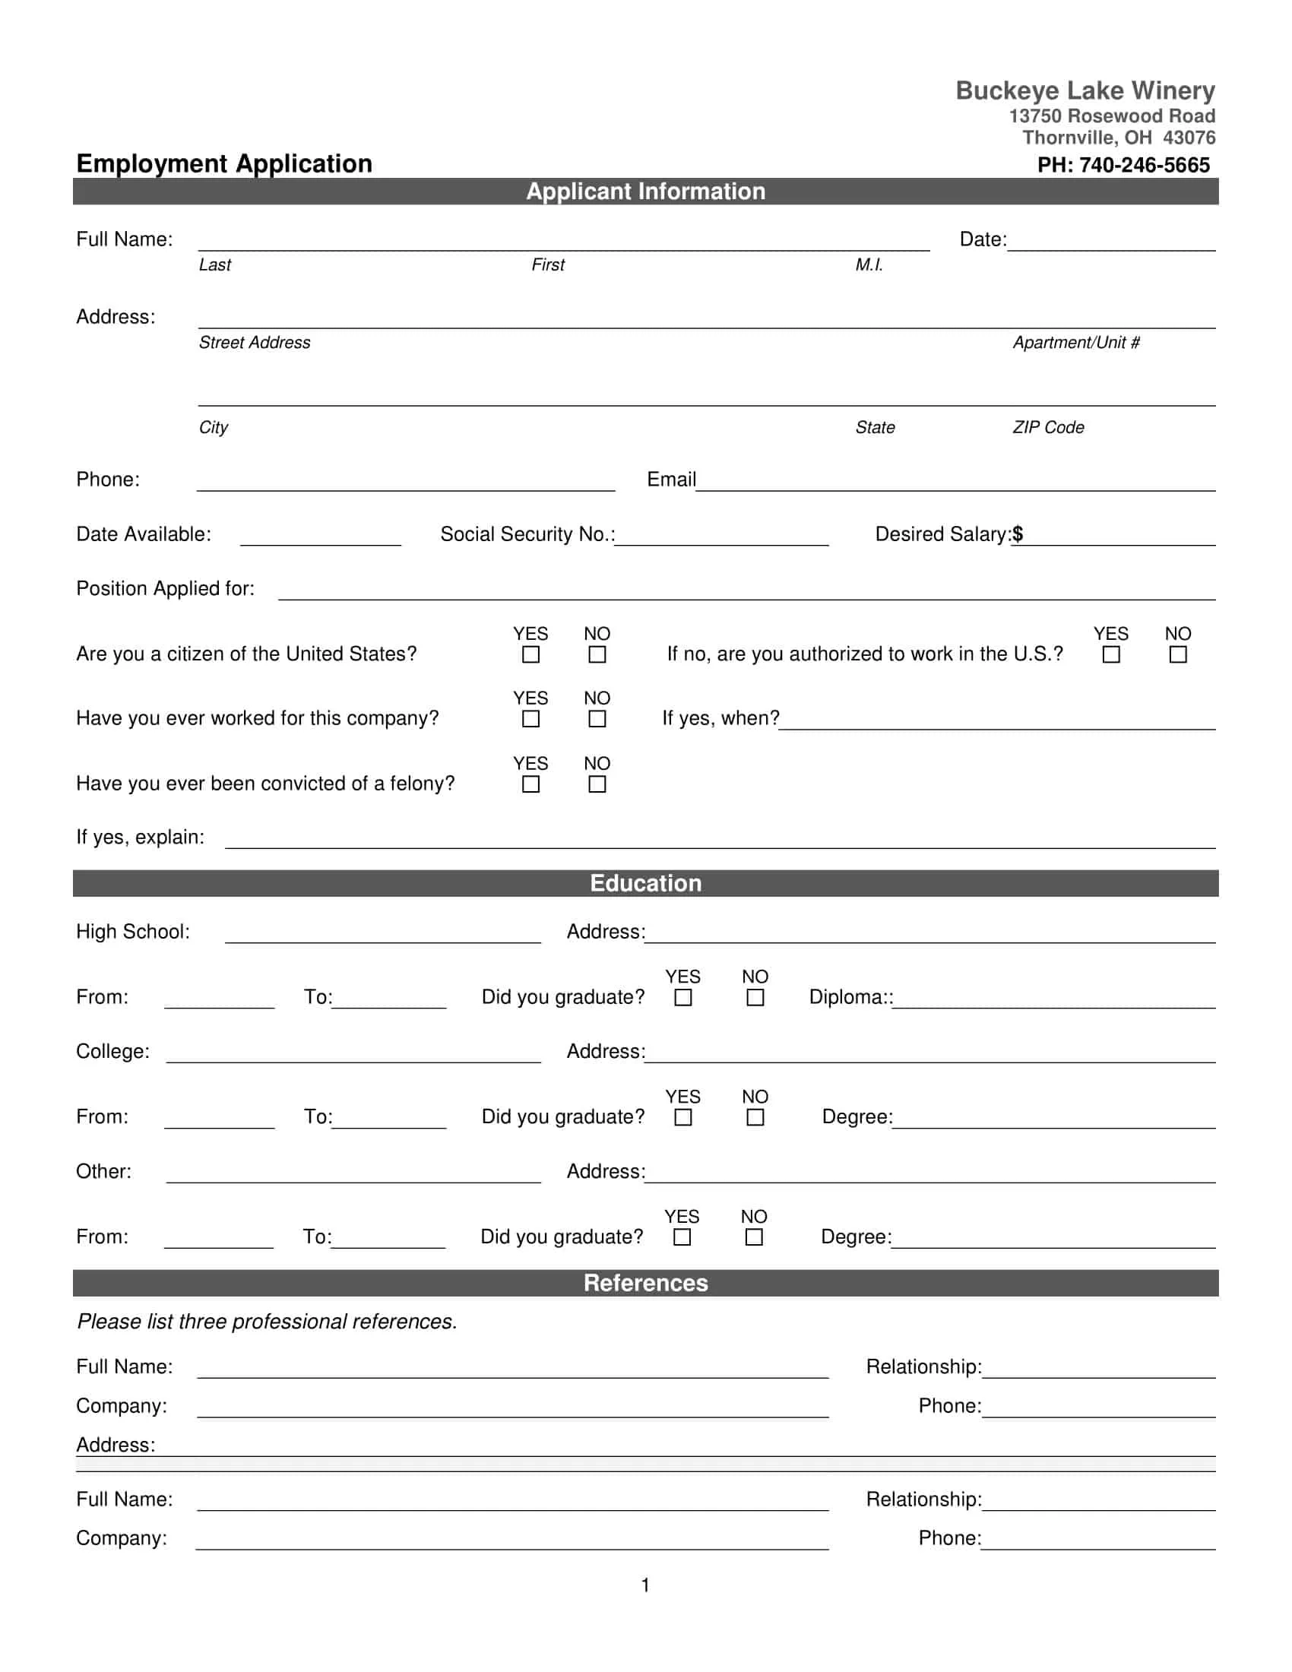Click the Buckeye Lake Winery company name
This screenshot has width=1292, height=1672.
1085,90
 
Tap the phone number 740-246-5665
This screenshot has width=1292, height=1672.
1144,165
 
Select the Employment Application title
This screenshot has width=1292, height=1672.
224,163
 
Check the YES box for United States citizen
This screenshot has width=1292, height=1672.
530,654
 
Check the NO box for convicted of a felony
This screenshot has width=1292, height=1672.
597,784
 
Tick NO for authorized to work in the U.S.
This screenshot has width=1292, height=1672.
1178,654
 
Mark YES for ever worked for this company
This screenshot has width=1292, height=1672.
530,719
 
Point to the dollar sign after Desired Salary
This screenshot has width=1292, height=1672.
1017,534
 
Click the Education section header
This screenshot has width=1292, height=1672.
645,882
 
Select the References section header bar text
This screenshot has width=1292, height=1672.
645,1282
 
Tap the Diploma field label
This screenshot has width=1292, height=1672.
850,997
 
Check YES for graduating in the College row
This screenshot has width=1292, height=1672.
682,1117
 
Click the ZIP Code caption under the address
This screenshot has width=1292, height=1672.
1048,427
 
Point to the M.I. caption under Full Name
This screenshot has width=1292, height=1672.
869,265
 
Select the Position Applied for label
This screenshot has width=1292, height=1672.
166,588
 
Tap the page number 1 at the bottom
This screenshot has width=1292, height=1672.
645,1585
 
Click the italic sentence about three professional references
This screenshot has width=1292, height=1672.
267,1322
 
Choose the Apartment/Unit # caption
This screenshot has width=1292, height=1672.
1076,342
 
